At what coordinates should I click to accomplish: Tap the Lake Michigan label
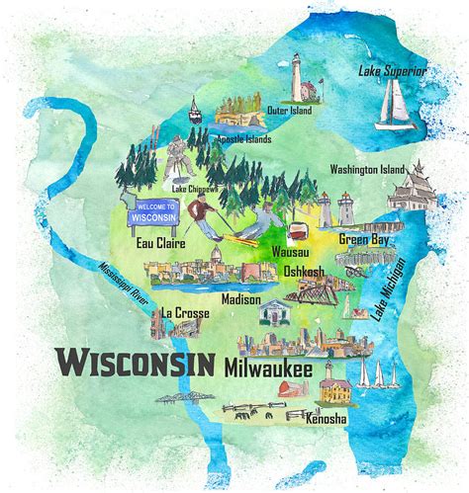(x=389, y=288)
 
